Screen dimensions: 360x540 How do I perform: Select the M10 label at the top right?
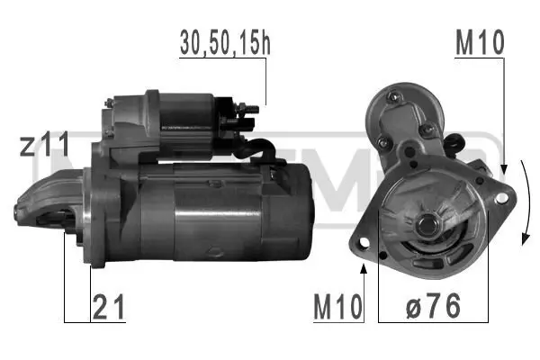(x=480, y=41)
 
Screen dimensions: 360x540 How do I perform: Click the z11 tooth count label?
(x=46, y=145)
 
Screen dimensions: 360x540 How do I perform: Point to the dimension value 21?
(x=109, y=307)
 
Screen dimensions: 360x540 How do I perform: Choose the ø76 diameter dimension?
(x=433, y=307)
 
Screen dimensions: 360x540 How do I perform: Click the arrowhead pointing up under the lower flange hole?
(x=364, y=267)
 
